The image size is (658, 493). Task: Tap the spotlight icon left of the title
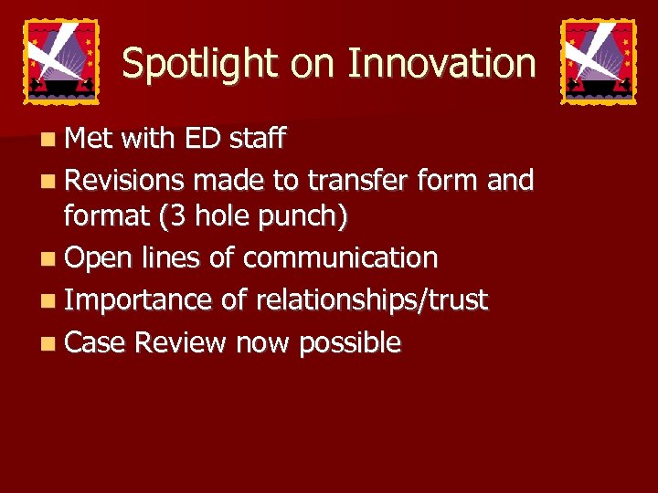click(x=60, y=61)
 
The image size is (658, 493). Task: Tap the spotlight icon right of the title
click(x=598, y=61)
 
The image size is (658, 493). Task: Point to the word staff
click(x=257, y=139)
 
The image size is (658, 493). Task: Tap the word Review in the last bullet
click(x=180, y=343)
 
